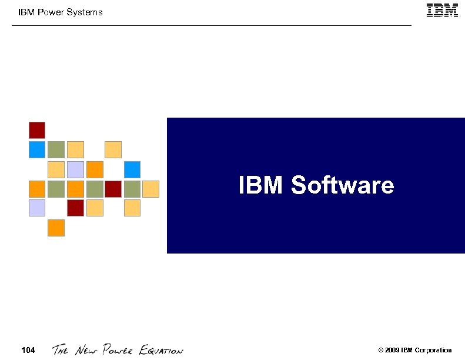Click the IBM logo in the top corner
(443, 11)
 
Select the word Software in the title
(342, 185)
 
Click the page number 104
(28, 351)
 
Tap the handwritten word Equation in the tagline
(161, 351)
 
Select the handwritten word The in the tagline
(61, 351)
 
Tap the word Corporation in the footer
(433, 351)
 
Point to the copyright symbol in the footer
(381, 351)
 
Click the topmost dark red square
(37, 130)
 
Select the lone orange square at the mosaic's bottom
(56, 227)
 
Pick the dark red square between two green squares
(113, 189)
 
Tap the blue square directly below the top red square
(37, 149)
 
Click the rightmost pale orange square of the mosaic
(151, 189)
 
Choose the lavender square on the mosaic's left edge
(37, 208)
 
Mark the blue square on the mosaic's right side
(132, 169)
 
